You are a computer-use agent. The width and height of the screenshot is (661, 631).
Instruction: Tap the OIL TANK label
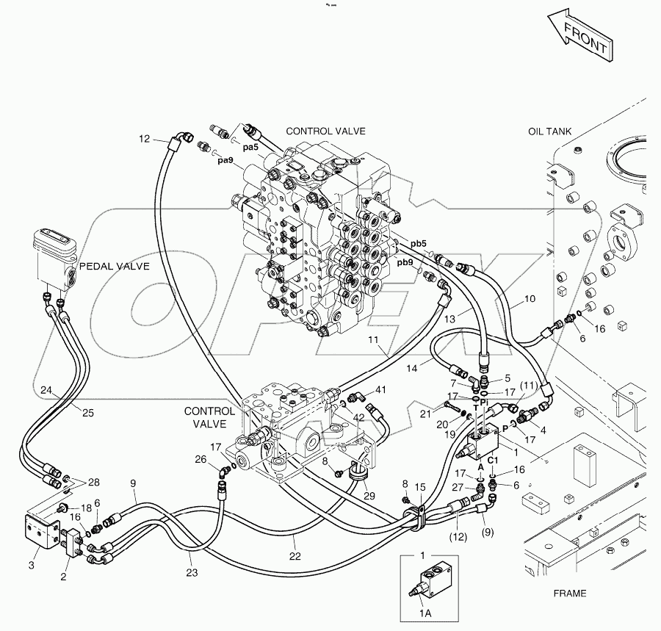[549, 131]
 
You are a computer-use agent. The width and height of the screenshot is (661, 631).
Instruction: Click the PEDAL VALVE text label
[115, 267]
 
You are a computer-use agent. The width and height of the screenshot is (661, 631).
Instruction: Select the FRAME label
[569, 594]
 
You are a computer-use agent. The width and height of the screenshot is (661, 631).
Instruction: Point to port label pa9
[225, 161]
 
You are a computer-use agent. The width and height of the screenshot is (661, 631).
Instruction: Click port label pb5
[419, 244]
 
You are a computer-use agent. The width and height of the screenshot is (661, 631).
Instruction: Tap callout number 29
[369, 496]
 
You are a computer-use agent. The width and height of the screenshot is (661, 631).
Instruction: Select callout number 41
[380, 390]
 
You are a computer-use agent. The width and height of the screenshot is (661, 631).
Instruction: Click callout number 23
[192, 572]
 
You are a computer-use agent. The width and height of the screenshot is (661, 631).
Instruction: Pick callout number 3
[31, 565]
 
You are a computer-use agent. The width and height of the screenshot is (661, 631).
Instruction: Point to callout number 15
[420, 487]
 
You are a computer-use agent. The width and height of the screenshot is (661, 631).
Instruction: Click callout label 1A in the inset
[425, 613]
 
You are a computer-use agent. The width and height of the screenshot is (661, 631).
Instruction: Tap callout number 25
[87, 413]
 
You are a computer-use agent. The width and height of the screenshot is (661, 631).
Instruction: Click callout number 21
[426, 414]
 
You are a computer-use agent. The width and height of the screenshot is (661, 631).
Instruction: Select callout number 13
[449, 319]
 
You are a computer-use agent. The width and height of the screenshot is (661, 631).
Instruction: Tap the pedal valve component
[55, 258]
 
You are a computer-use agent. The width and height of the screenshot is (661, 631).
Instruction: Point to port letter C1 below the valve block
[493, 461]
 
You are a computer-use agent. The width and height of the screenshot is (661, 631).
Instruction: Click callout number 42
[358, 417]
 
